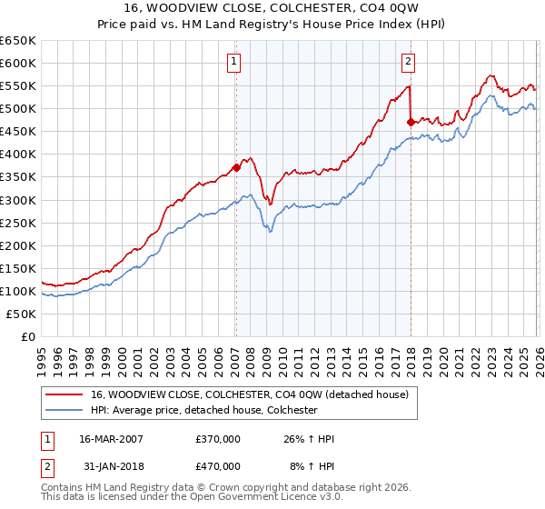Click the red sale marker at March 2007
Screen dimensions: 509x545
pos(236,167)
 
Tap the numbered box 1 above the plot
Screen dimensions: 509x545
pos(234,62)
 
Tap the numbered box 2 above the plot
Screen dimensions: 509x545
pos(408,62)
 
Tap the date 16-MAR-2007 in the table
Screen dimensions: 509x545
pos(111,439)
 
